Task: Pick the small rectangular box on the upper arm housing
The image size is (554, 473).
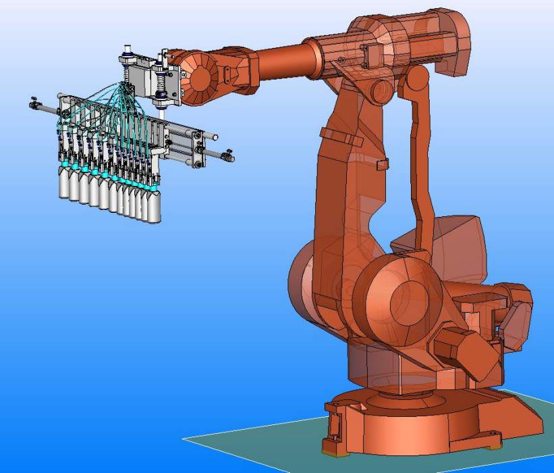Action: pos(370,53)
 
